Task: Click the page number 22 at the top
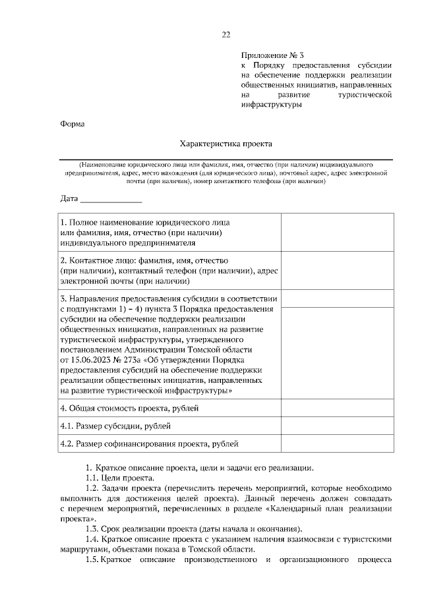coord(226,35)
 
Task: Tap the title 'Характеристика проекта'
coord(226,143)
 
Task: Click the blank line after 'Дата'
coord(111,198)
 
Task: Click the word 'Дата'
coord(69,198)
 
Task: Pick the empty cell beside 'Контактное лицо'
coord(337,270)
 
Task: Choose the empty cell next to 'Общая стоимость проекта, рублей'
coord(337,409)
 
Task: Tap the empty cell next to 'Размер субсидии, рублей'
coord(337,426)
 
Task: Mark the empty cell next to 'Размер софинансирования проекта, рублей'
coord(337,444)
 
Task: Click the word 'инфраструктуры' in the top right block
coord(271,105)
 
